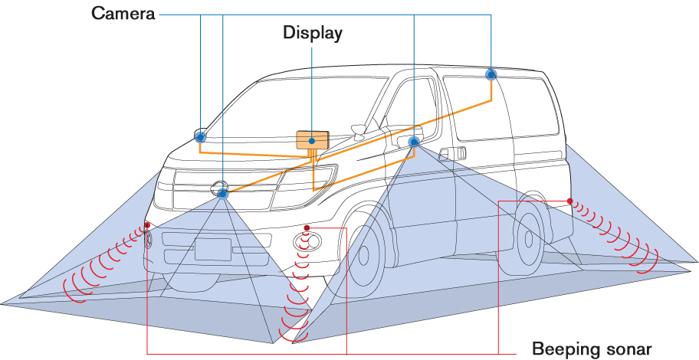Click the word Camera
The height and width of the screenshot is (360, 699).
click(x=123, y=13)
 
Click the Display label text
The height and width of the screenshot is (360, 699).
click(x=313, y=34)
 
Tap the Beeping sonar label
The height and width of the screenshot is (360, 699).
click(x=592, y=348)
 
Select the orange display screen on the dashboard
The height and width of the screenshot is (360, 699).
click(x=313, y=140)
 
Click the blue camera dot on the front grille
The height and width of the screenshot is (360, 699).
click(x=222, y=193)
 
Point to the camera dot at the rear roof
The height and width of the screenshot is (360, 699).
click(x=491, y=74)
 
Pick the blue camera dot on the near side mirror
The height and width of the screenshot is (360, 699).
click(x=414, y=142)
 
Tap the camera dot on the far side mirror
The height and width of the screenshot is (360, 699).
click(x=201, y=136)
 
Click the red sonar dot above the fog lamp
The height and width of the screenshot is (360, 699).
click(x=307, y=228)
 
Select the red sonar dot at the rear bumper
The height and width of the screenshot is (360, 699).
click(x=569, y=201)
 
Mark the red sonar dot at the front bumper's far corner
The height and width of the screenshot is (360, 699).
click(x=147, y=225)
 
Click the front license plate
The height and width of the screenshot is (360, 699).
click(x=213, y=250)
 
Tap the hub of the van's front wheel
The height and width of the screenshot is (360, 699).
click(x=363, y=255)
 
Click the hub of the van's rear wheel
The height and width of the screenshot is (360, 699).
click(x=529, y=239)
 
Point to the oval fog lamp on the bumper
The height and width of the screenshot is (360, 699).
click(x=307, y=242)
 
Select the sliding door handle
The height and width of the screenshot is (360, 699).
click(x=452, y=153)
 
